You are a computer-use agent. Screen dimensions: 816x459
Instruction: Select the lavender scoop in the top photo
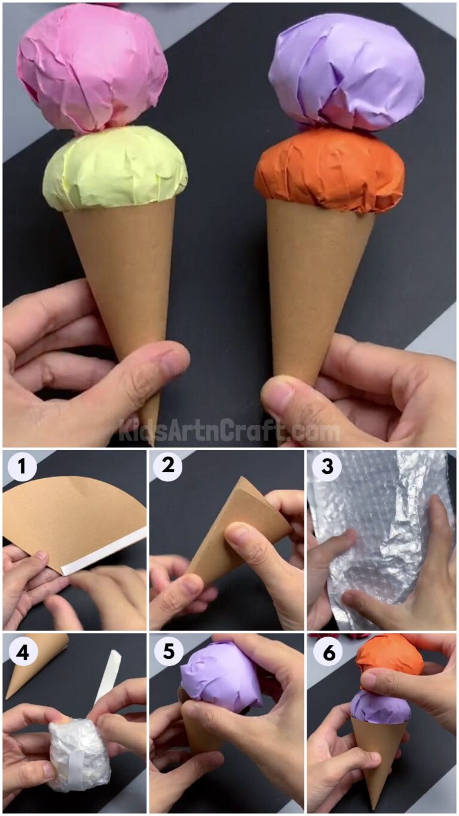pyautogui.click(x=347, y=72)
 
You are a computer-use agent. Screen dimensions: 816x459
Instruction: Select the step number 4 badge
pyautogui.click(x=22, y=653)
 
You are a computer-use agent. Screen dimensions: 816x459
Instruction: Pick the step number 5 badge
pyautogui.click(x=168, y=653)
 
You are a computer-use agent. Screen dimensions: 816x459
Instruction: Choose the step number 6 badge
pyautogui.click(x=326, y=653)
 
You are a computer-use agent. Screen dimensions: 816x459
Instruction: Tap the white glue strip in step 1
pyautogui.click(x=105, y=551)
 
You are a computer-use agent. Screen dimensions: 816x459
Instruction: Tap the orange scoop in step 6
pyautogui.click(x=390, y=655)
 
